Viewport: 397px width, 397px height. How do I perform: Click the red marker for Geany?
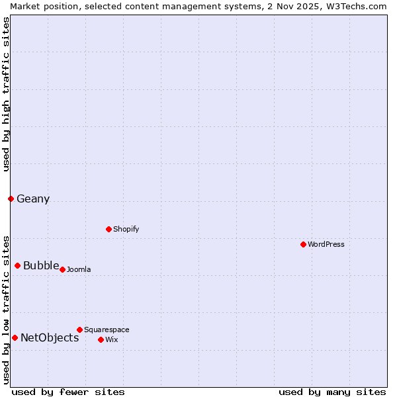tap(11, 198)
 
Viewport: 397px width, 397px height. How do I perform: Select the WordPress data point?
tap(303, 244)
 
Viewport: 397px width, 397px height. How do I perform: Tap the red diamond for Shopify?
tap(109, 229)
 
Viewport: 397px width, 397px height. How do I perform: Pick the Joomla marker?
tap(62, 269)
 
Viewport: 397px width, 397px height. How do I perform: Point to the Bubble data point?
tap(17, 265)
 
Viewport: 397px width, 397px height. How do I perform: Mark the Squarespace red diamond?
tap(79, 330)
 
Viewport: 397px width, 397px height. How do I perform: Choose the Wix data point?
tap(101, 339)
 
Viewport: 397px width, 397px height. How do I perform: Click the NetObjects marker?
tap(15, 337)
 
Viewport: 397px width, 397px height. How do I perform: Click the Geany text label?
tap(33, 199)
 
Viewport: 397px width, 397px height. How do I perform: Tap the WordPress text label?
tap(326, 244)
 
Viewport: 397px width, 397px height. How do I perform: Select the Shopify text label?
tap(126, 229)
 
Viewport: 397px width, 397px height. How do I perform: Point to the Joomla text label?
tap(79, 269)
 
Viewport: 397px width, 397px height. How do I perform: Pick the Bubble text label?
tap(41, 266)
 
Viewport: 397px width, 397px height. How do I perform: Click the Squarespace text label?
tap(107, 330)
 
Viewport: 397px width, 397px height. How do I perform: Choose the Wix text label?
tap(112, 339)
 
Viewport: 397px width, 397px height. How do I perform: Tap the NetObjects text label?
tap(50, 338)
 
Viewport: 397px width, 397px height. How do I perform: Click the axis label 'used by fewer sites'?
tap(68, 392)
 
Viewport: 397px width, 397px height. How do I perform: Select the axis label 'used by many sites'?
tap(332, 392)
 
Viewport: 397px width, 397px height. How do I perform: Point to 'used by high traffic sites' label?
tap(6, 94)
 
